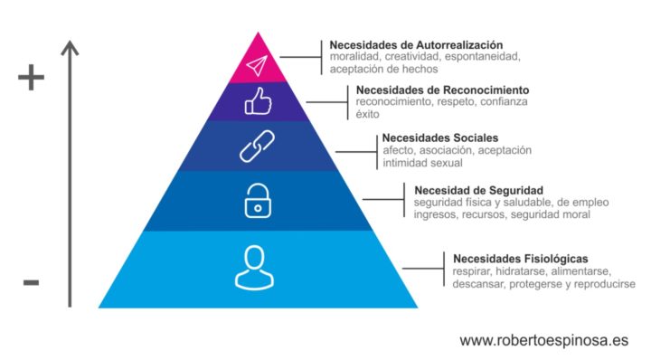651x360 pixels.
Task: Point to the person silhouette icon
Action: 253,268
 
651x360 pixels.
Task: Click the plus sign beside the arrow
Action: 31,79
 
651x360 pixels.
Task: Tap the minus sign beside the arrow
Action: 31,283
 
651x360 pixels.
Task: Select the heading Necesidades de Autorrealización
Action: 416,44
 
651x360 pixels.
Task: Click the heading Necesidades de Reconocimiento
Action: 442,90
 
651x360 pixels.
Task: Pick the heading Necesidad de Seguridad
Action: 478,190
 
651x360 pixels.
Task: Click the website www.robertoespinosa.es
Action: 543,341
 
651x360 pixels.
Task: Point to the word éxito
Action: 368,115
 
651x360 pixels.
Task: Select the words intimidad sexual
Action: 422,163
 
